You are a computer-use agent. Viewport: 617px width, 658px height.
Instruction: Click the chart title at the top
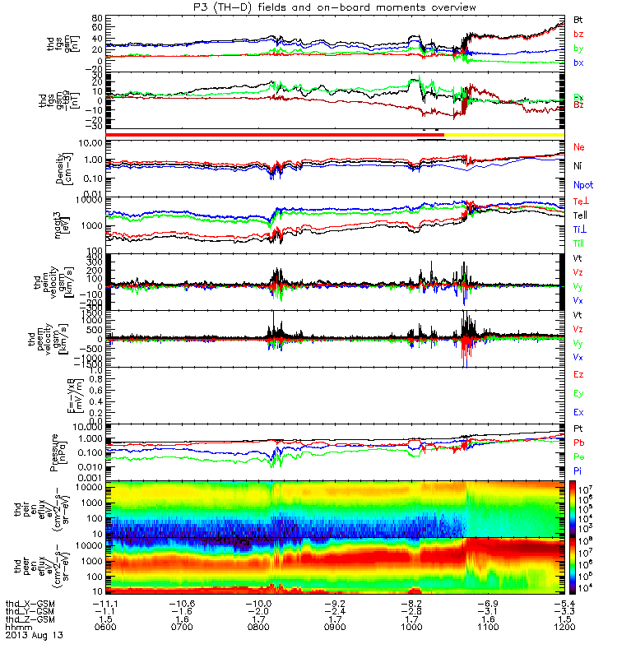pos(332,7)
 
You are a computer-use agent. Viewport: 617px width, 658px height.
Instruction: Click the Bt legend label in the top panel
pos(578,18)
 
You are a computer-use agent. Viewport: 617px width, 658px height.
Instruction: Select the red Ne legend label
pos(579,146)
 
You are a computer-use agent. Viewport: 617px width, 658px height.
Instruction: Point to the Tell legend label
pos(581,215)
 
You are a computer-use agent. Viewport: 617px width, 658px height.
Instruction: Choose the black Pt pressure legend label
pos(578,429)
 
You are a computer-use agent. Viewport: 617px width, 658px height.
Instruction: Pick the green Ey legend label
pos(579,393)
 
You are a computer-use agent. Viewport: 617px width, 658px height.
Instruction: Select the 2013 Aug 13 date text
pos(34,635)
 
